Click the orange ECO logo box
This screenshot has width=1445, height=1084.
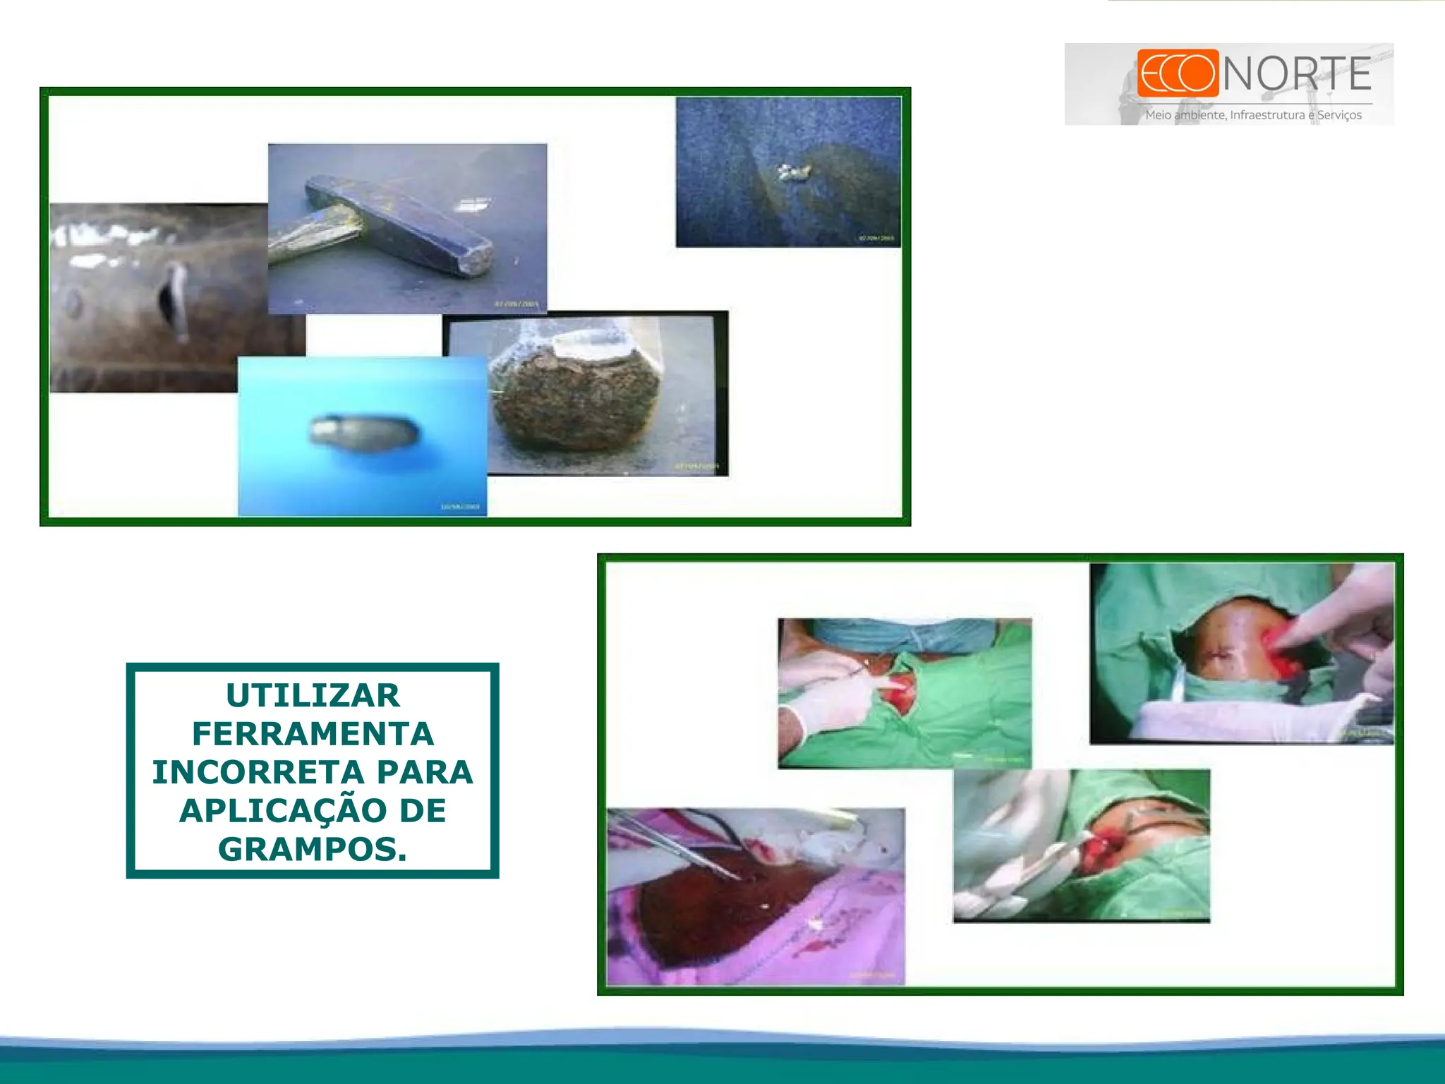coord(1178,73)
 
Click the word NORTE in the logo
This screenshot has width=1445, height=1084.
coord(1297,74)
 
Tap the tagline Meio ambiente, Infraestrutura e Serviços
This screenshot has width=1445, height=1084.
coord(1253,115)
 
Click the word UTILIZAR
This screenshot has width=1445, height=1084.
coord(313,696)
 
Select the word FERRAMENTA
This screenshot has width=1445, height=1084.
coord(313,734)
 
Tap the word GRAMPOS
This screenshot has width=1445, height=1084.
coord(311,849)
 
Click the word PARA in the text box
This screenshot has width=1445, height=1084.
coord(425,772)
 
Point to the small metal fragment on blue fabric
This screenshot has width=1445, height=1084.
coord(793,171)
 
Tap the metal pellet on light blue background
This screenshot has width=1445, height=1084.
coord(364,432)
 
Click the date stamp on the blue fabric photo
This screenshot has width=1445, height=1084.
coord(876,238)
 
